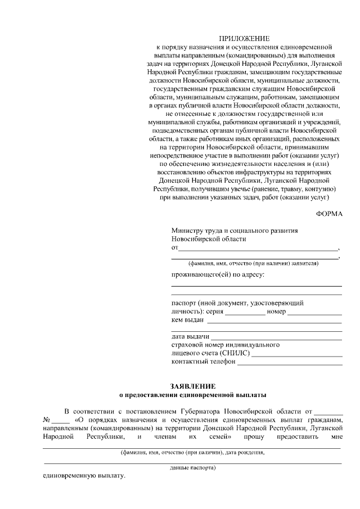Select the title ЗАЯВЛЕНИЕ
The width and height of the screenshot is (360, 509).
tap(192, 386)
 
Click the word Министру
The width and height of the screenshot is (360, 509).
tap(190, 231)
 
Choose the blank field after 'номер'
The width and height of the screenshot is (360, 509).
tap(316, 312)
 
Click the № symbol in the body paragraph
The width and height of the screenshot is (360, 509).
tap(47, 420)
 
